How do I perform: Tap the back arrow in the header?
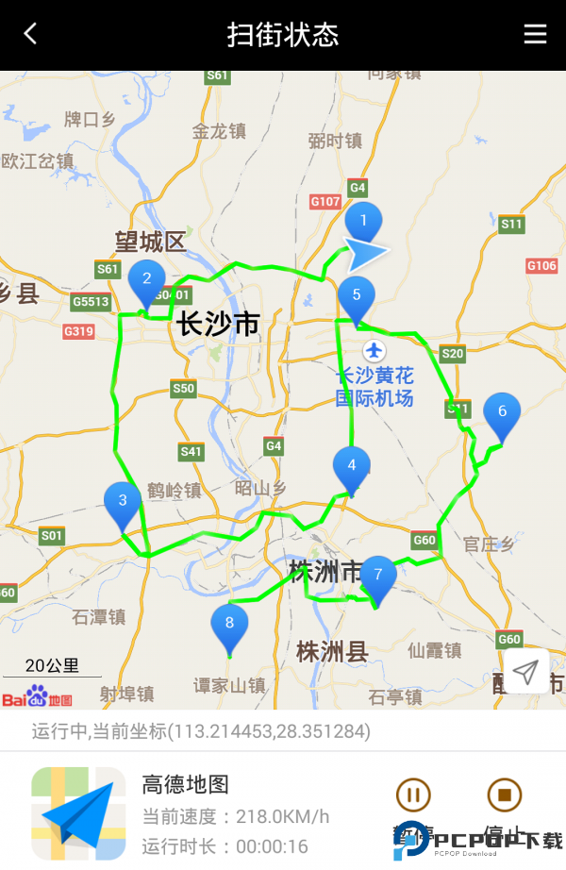coord(30,35)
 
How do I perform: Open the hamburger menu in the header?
coord(535,35)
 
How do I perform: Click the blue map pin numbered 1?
coord(362,223)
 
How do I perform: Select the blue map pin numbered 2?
coord(146,279)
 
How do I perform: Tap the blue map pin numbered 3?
coord(123,501)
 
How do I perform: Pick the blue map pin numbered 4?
coord(352,466)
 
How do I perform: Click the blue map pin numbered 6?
coord(502,412)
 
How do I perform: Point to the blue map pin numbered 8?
coord(229,624)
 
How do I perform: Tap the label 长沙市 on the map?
coord(218,324)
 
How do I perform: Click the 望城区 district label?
coord(150,242)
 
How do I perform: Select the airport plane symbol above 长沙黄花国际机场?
coord(375,351)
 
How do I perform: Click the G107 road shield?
coord(325,202)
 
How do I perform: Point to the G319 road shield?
coord(79,331)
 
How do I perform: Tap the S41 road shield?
coord(191,452)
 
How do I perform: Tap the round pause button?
coord(412,795)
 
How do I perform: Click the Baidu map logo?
coord(37,698)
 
